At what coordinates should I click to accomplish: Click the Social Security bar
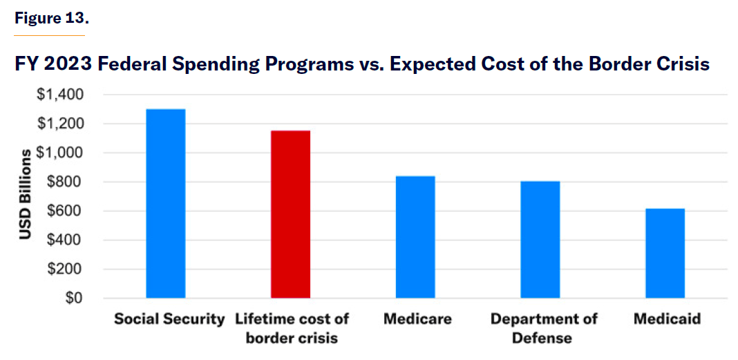(166, 204)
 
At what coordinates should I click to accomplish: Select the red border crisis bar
(290, 214)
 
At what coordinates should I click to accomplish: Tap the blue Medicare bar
(415, 237)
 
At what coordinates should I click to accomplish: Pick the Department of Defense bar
(540, 240)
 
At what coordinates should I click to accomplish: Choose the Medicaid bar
(665, 254)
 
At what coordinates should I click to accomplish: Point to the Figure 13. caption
(51, 19)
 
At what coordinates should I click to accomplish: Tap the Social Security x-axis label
(169, 319)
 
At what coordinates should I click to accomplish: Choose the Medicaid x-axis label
(667, 319)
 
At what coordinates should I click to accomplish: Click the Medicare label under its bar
(417, 319)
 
